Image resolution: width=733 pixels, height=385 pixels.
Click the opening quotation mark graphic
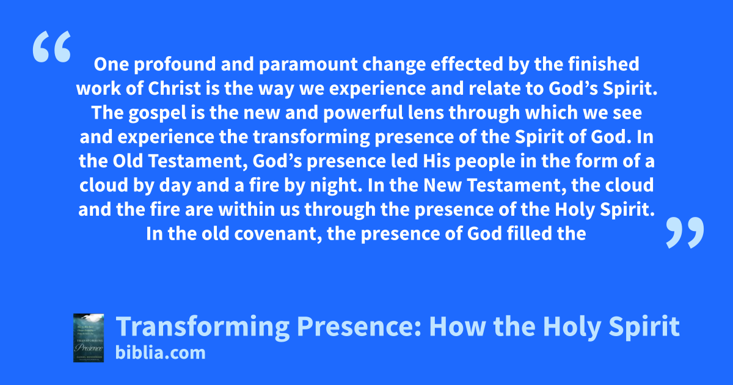52,46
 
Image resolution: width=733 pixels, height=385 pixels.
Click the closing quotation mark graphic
685,232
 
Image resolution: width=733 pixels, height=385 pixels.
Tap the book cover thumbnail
89,338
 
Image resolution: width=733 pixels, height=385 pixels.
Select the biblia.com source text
160,353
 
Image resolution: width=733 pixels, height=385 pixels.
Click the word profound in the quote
175,65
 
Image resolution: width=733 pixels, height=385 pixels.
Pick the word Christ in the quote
174,89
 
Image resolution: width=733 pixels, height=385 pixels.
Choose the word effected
467,64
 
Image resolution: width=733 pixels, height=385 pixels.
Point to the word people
485,162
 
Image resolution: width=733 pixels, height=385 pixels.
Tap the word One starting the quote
111,65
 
